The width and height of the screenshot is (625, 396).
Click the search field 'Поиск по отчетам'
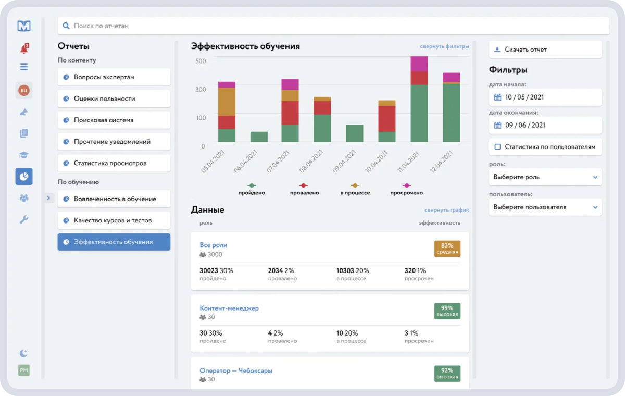tap(333, 26)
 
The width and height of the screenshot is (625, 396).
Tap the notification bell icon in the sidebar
tap(24, 49)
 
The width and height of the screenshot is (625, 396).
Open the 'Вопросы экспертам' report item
tap(114, 77)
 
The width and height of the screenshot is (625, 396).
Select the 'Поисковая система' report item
tap(114, 120)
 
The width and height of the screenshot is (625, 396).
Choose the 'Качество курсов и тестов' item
tap(114, 220)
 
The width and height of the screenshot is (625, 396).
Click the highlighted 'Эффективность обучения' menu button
tap(114, 242)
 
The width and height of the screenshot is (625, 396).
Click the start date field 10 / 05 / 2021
tap(545, 97)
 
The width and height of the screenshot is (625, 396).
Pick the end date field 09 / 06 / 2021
tap(545, 125)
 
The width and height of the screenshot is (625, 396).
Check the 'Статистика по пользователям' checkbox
tap(497, 147)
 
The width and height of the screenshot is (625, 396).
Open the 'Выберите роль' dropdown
tap(545, 177)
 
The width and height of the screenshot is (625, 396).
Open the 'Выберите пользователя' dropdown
tap(545, 207)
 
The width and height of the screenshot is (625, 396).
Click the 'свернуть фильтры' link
tap(444, 46)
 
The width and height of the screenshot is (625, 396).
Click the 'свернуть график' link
tap(446, 210)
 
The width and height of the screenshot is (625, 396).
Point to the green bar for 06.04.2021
tap(259, 137)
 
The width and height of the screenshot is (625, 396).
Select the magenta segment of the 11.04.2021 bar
tap(419, 64)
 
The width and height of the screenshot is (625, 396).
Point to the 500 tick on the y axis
tap(201, 61)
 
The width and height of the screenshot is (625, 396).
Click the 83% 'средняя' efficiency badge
tap(447, 249)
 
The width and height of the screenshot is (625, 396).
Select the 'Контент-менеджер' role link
tap(229, 308)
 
